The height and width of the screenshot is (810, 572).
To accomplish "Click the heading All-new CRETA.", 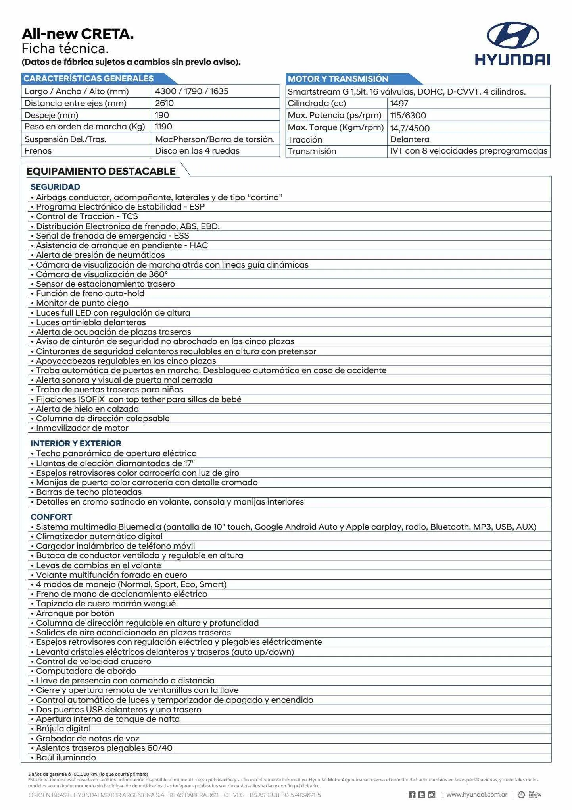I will pos(78,34).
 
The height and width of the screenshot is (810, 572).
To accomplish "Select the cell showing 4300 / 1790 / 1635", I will pos(192,91).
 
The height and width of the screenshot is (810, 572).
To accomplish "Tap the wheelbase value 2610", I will pos(164,103).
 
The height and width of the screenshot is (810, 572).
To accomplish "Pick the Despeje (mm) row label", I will pos(51,115).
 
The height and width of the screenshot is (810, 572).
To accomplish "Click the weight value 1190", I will pos(163,127).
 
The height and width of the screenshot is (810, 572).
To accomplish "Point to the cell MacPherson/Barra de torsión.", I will pos(215,139).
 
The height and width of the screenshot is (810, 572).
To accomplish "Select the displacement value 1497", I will pos(399,104).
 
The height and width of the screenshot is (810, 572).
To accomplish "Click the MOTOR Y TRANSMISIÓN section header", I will pos(338,79).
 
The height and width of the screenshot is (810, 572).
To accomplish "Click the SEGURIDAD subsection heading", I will pos(55,187).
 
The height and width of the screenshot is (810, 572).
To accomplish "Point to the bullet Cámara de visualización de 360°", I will pos(102,274).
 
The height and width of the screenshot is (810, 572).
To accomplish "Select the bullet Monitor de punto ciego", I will pos(82,303).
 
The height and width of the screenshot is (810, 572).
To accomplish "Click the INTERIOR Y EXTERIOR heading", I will pos(76,443).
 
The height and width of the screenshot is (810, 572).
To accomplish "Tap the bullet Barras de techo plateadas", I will pos(88,492).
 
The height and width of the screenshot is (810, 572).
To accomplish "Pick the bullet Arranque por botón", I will pos(75,613).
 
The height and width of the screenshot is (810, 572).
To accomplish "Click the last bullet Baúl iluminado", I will pos(66,757).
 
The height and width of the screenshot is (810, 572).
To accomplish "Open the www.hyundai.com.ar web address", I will pos(476,795).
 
